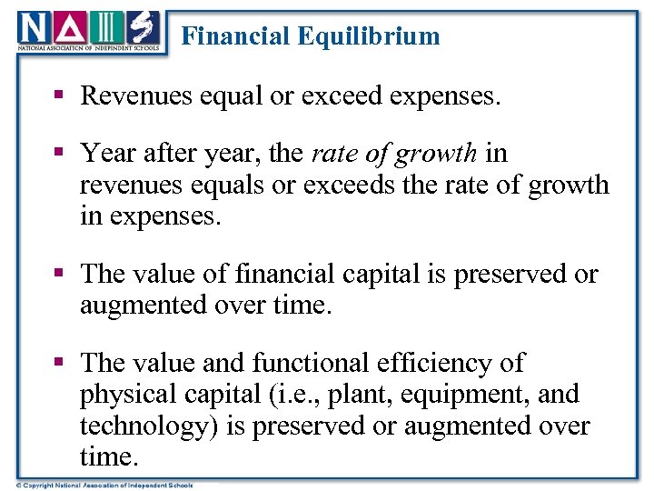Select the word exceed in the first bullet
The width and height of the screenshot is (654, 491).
click(333, 96)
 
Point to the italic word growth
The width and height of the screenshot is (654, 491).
click(437, 155)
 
